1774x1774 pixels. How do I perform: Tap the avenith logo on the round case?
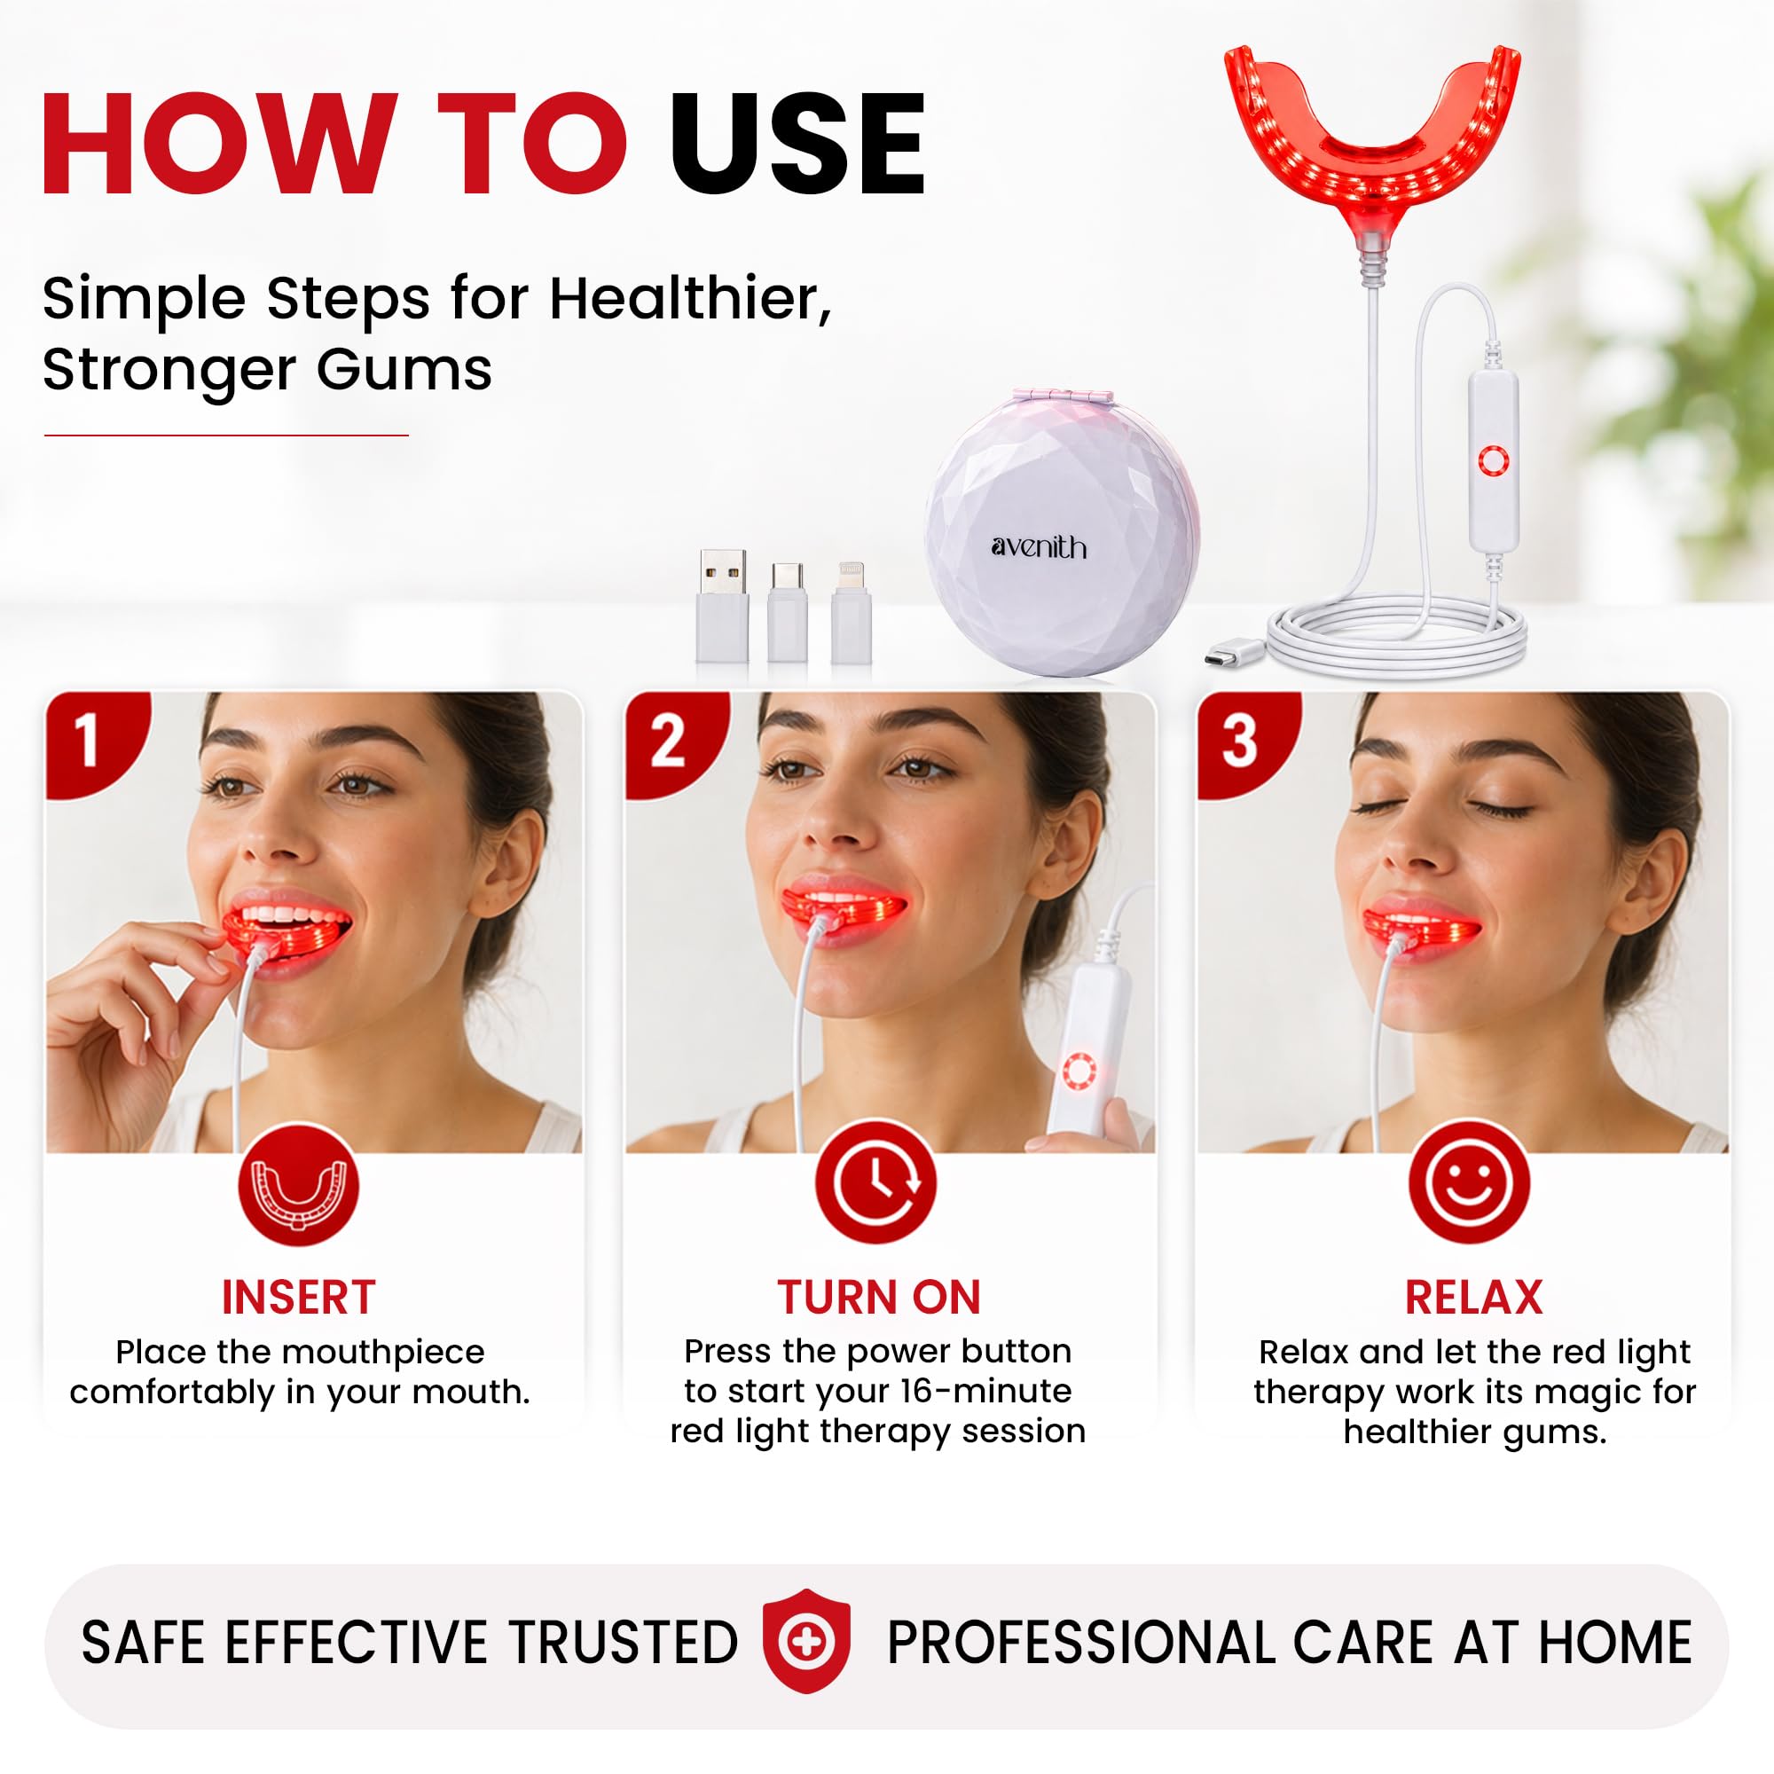point(1039,547)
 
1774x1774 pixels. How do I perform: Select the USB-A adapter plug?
point(721,606)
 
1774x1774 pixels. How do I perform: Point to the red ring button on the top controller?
point(1493,461)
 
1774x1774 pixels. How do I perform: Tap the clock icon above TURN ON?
point(876,1182)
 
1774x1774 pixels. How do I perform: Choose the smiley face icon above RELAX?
point(1469,1182)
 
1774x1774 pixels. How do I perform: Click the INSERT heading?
point(298,1298)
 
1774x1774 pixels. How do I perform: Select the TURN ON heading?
point(879,1298)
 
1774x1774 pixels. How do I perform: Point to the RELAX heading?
point(1473,1298)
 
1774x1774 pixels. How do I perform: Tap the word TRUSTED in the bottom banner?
point(624,1643)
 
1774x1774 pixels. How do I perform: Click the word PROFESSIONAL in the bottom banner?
point(1080,1643)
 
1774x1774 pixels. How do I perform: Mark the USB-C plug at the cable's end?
point(1231,656)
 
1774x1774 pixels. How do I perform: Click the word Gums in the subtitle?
point(404,371)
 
